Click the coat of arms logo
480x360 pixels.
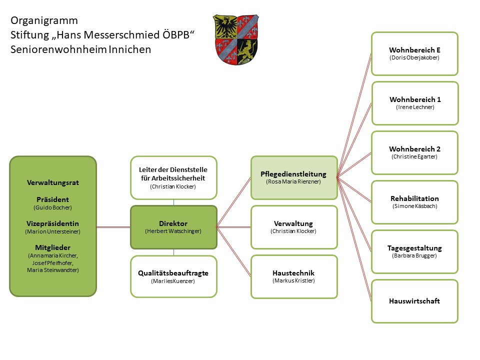236,39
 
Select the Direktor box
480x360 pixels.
173,227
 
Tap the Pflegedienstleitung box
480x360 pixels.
293,177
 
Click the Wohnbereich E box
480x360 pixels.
414,53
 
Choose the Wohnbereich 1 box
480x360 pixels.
414,103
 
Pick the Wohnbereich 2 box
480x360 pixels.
414,152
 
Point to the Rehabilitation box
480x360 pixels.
414,202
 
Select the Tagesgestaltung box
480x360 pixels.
414,251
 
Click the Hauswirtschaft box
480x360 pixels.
414,301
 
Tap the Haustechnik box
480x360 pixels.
293,276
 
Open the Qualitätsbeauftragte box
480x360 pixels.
173,276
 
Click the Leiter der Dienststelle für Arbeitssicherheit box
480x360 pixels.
173,177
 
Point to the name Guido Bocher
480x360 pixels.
53,206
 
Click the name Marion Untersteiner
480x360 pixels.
53,231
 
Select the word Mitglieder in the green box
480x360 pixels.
53,247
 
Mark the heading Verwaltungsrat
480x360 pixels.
53,182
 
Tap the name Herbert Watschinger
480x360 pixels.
173,231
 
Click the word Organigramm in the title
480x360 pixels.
44,21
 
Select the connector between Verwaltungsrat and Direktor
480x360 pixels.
113,227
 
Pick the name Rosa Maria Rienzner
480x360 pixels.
293,181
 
